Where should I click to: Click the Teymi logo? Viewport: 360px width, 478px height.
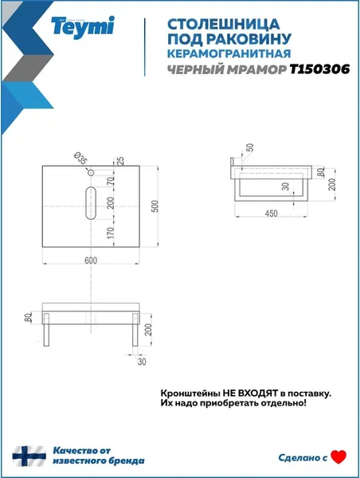pos(82,26)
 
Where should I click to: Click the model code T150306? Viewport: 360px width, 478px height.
pos(319,69)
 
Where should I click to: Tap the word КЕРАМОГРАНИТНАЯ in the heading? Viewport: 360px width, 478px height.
pos(229,53)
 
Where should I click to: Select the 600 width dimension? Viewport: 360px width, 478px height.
pos(91,261)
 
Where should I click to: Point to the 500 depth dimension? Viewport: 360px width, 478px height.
pos(155,206)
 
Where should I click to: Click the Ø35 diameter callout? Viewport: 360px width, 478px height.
pos(80,159)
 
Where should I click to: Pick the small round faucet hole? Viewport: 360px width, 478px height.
pos(91,173)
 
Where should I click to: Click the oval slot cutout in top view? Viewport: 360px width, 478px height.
pos(91,202)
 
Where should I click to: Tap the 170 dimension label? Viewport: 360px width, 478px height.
pos(111,233)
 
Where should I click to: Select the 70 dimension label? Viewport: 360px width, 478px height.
pos(111,182)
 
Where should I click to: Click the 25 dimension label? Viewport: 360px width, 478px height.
pos(120,161)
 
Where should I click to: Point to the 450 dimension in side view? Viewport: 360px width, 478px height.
pos(271,214)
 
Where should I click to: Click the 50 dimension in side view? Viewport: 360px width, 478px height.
pos(250,148)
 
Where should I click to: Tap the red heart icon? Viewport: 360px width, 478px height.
pos(338,457)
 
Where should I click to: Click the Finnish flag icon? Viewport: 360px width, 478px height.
pos(29,456)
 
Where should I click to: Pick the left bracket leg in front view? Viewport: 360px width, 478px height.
pos(46,330)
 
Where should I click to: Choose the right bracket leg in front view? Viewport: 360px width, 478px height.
pos(135,330)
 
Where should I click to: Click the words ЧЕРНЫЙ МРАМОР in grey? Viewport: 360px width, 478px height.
pos(226,70)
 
